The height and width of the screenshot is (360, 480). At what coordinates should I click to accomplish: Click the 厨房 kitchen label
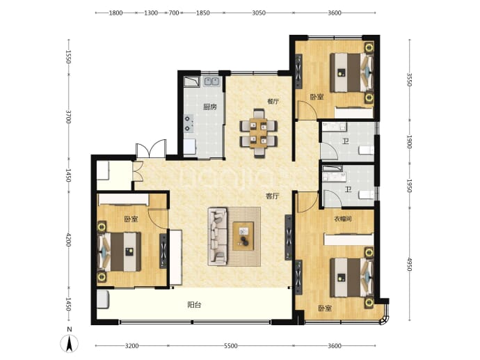[210, 107]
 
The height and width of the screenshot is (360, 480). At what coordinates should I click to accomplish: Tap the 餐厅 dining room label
[273, 102]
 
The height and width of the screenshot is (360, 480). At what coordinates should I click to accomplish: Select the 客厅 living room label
[272, 196]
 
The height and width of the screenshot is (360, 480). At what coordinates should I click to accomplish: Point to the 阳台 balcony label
[194, 305]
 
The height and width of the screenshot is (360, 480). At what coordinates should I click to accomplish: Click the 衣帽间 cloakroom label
[342, 219]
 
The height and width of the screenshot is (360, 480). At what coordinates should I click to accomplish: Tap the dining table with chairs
[259, 134]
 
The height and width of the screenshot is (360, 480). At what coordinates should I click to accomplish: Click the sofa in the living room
[218, 236]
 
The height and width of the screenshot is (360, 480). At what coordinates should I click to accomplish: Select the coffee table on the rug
[243, 236]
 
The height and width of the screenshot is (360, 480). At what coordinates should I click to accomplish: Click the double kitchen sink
[211, 81]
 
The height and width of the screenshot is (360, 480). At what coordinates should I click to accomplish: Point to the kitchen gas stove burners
[189, 123]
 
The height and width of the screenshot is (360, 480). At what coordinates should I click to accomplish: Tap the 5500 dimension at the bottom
[230, 346]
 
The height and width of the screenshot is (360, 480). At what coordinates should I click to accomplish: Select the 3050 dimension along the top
[259, 13]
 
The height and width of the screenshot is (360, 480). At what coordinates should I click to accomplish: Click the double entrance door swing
[151, 150]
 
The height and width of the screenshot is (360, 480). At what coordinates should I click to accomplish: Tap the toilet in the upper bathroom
[367, 150]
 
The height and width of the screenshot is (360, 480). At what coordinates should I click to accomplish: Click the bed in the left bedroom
[120, 252]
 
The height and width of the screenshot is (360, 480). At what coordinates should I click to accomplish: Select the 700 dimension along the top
[174, 13]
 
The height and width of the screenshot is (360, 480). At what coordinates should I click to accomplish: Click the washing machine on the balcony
[103, 299]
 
